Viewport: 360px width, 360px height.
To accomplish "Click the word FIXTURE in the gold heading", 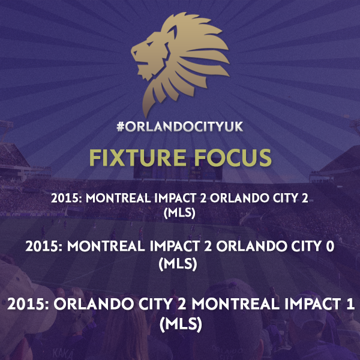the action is tap(137, 157).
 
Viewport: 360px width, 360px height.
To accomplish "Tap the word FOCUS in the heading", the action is tap(233, 157).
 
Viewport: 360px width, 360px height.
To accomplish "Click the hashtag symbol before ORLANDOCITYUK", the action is tap(121, 127).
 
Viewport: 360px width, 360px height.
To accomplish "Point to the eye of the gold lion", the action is tap(149, 43).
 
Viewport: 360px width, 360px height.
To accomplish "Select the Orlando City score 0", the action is tap(330, 247).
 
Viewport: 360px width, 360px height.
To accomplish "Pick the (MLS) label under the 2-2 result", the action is tap(179, 213).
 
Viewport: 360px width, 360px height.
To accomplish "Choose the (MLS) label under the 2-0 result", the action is tap(178, 263).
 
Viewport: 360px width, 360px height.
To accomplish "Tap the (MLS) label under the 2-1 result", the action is tap(181, 324).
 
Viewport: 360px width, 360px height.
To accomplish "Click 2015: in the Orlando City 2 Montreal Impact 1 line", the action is tap(28, 304).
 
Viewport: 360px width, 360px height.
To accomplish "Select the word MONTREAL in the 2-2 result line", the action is tap(118, 198).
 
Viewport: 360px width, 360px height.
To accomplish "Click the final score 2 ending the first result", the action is tap(304, 198).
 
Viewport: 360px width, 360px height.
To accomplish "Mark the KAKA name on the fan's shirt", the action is tap(62, 353).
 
